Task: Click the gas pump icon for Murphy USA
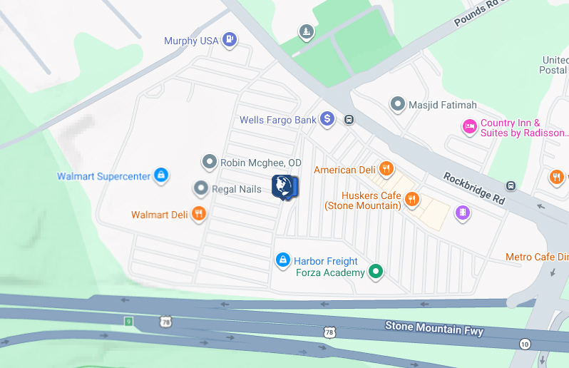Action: [229, 39]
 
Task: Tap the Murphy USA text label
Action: [191, 41]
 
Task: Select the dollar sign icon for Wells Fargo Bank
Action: [327, 118]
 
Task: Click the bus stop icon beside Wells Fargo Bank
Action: [349, 119]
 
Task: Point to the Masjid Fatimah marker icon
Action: [397, 104]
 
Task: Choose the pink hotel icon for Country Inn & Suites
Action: [469, 127]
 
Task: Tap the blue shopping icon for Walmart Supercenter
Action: [161, 174]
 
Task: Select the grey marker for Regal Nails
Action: [201, 188]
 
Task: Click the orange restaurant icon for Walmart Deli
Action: [199, 213]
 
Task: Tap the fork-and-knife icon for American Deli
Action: [386, 169]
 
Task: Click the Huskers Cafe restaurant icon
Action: [411, 200]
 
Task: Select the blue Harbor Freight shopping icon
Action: [282, 260]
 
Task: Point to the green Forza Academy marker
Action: [376, 272]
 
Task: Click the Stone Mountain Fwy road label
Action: [434, 329]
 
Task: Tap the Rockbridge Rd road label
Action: [473, 188]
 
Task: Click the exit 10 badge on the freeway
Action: [526, 344]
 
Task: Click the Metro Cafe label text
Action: [536, 257]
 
